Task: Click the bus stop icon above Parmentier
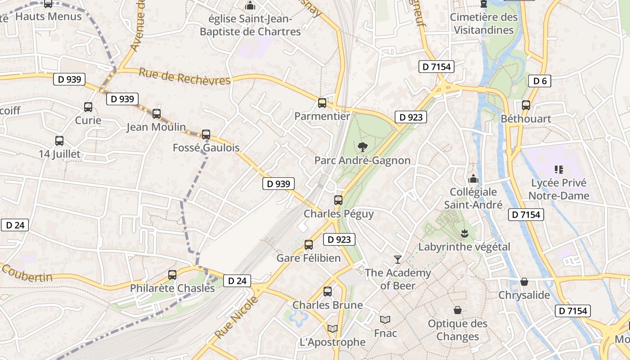pos(322,103)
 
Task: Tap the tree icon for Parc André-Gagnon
pos(362,147)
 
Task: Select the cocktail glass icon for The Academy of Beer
pos(398,259)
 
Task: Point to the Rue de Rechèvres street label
pos(184,76)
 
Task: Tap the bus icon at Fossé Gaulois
pos(206,134)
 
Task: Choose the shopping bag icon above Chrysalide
pos(524,282)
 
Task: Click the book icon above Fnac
pos(385,319)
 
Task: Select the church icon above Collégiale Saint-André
pos(473,179)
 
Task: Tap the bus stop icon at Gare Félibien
pos(309,245)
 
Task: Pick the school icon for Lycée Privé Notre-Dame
pos(559,170)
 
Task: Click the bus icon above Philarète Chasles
pos(172,274)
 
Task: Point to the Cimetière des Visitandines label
pos(484,23)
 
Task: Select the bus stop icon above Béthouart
pos(526,105)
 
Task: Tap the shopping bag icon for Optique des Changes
pos(458,310)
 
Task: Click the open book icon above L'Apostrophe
pos(333,329)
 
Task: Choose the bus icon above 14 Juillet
pos(59,140)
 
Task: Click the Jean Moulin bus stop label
pos(156,127)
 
